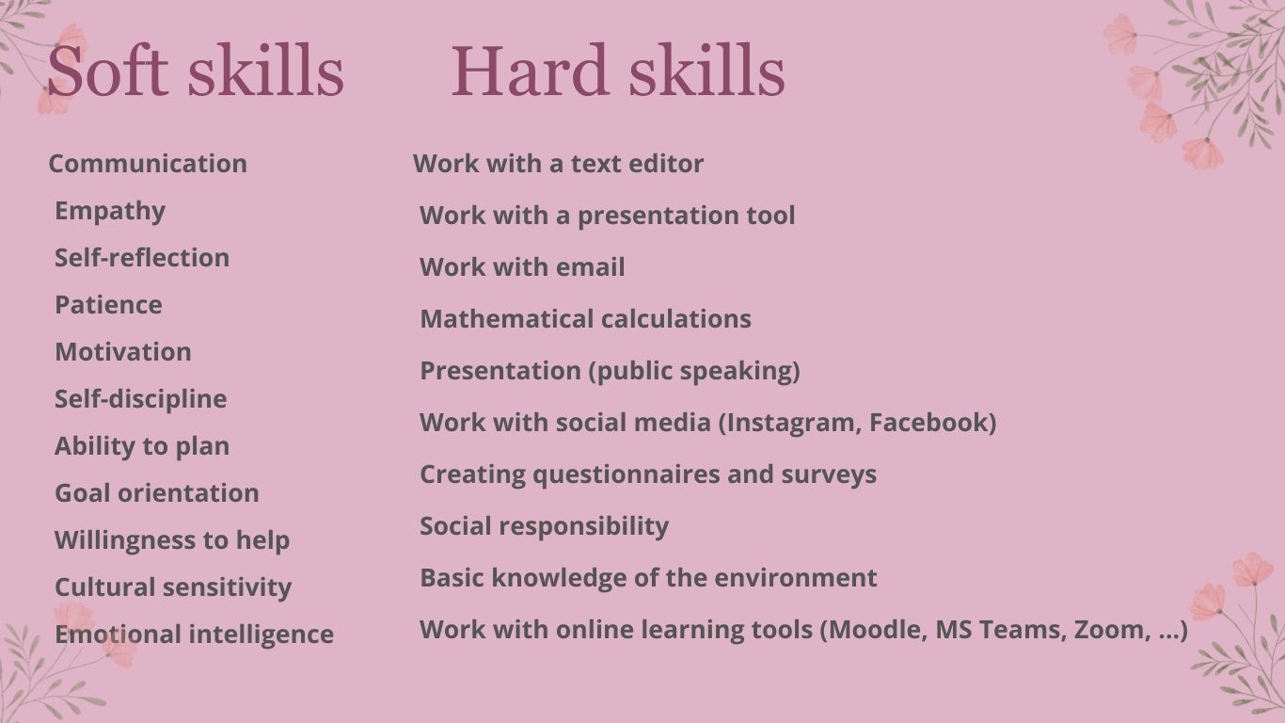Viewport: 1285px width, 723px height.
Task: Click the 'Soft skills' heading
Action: tap(195, 72)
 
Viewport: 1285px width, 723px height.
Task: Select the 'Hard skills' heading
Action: tap(617, 72)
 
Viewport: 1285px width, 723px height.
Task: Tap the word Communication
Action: tap(148, 164)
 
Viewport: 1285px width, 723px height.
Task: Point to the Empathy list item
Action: tap(110, 211)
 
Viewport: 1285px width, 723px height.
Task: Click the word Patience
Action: tap(108, 305)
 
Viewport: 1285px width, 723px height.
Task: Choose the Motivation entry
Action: tap(123, 352)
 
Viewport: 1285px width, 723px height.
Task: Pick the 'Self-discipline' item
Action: tap(141, 399)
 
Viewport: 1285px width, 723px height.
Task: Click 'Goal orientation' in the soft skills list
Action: tap(157, 493)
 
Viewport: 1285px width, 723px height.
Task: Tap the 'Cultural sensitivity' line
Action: tap(173, 587)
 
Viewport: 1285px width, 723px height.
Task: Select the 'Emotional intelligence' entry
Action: tap(194, 635)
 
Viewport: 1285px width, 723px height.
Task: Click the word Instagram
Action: tap(792, 423)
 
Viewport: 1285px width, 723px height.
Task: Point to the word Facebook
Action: tap(929, 423)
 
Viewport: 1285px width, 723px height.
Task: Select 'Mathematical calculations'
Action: tap(585, 319)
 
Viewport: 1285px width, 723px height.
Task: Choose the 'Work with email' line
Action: tap(522, 267)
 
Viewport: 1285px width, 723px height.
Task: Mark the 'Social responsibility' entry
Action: tap(544, 526)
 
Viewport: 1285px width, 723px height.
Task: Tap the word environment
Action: tap(795, 578)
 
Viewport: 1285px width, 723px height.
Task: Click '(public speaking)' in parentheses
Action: tap(694, 371)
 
